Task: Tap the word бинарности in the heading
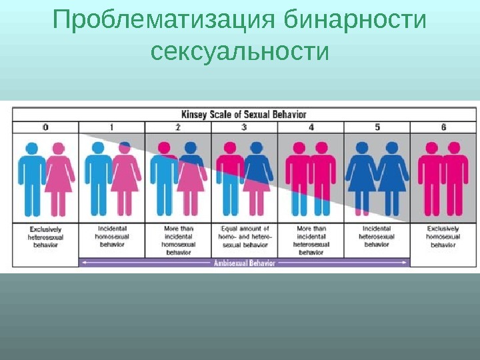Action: [354, 21]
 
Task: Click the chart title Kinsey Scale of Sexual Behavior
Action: [245, 113]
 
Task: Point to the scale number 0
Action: [45, 127]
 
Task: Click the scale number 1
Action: [111, 127]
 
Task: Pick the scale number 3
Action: [244, 127]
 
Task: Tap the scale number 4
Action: [311, 127]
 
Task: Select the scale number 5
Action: [377, 127]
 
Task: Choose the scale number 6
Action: [444, 127]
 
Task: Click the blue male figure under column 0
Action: [31, 177]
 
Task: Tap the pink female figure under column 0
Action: [59, 177]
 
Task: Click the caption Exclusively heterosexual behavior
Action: [45, 237]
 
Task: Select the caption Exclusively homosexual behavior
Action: [444, 237]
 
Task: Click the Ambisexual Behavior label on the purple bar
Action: [244, 263]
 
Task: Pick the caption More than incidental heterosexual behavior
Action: [311, 240]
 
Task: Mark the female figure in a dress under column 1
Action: [125, 177]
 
